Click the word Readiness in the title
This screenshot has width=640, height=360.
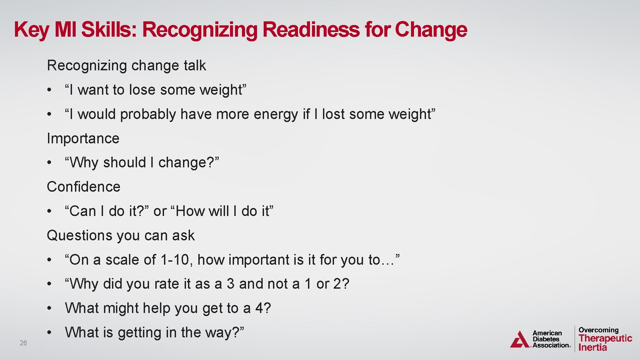(x=311, y=29)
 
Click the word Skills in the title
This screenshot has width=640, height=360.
(x=109, y=29)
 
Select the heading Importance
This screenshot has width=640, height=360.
(x=83, y=138)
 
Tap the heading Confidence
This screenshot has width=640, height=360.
(x=83, y=187)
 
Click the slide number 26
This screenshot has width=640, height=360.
(x=23, y=343)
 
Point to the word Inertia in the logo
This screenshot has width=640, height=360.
(x=593, y=347)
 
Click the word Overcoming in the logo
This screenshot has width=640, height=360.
(x=598, y=330)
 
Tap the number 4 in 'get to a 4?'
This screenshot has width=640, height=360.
(x=259, y=308)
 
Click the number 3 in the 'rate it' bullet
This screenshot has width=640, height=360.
(x=230, y=284)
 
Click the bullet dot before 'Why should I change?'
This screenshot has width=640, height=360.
(x=49, y=163)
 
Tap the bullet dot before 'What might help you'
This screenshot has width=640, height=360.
(x=49, y=308)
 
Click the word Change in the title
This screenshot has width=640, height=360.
(x=431, y=29)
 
